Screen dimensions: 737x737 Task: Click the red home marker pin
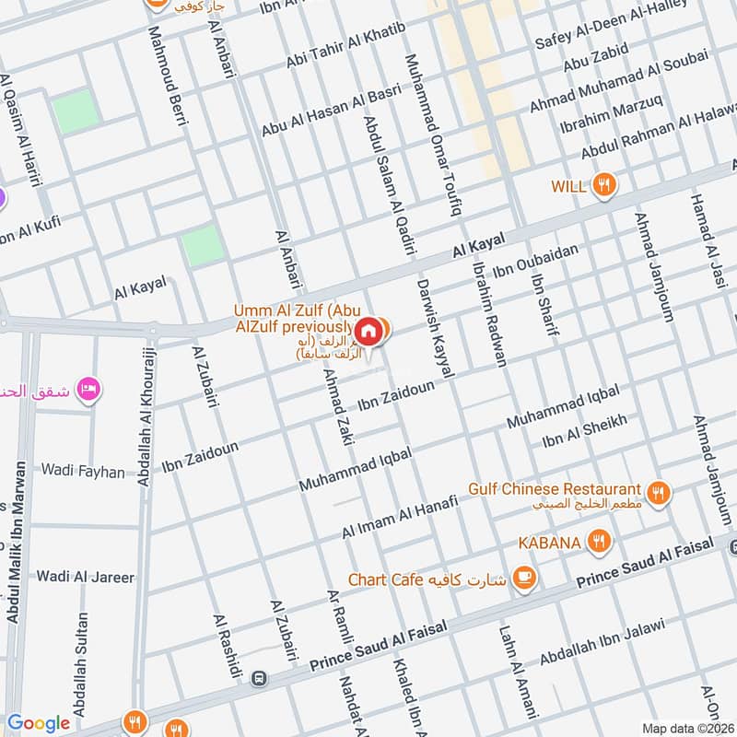point(368,330)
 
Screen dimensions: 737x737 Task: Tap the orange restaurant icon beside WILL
point(604,185)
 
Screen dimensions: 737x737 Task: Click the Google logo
point(39,723)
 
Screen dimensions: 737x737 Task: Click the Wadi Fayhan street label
point(83,471)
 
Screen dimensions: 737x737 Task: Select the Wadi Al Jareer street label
point(85,578)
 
